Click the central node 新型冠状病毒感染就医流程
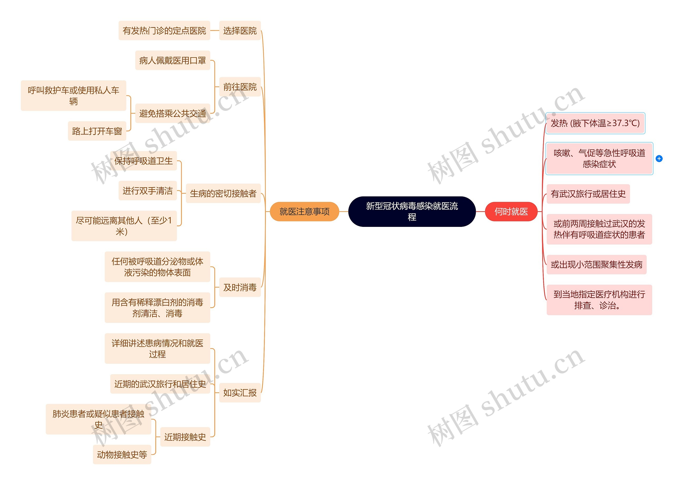pos(412,211)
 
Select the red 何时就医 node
pos(511,211)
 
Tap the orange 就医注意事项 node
pos(304,211)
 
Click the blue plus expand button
pos(659,159)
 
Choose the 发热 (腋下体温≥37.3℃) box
pos(595,123)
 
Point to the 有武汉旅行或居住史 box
pos(588,194)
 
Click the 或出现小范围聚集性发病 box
pos(596,264)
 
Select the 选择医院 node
pos(240,30)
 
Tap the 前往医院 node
pos(240,87)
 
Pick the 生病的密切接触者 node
pos(223,193)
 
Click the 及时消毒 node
pos(240,287)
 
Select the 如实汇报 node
pos(240,393)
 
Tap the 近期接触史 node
pos(185,437)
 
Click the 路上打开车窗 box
pos(97,131)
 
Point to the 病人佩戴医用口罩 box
pos(172,60)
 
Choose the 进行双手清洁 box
pos(147,191)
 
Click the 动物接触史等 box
pos(122,454)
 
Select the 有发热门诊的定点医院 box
pos(164,30)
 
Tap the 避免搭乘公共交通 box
pos(172,113)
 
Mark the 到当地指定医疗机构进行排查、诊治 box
pos(599,300)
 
